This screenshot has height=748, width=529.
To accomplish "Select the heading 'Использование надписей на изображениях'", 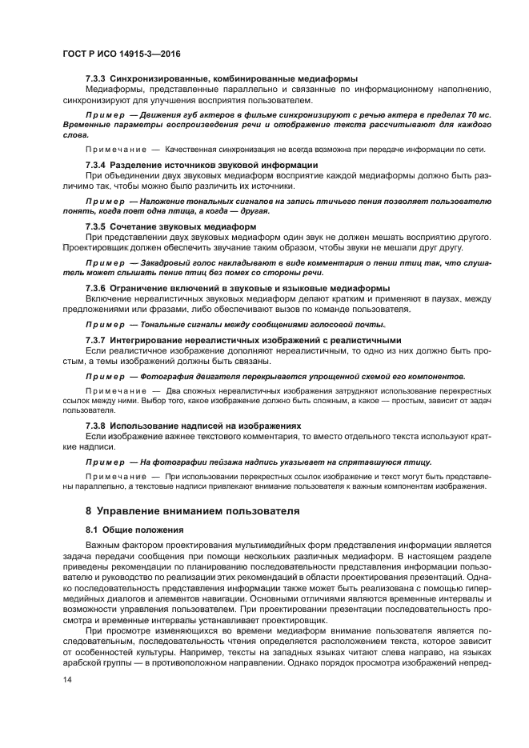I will point(205,425).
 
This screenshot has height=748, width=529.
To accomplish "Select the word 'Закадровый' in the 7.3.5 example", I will point(167,262).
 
